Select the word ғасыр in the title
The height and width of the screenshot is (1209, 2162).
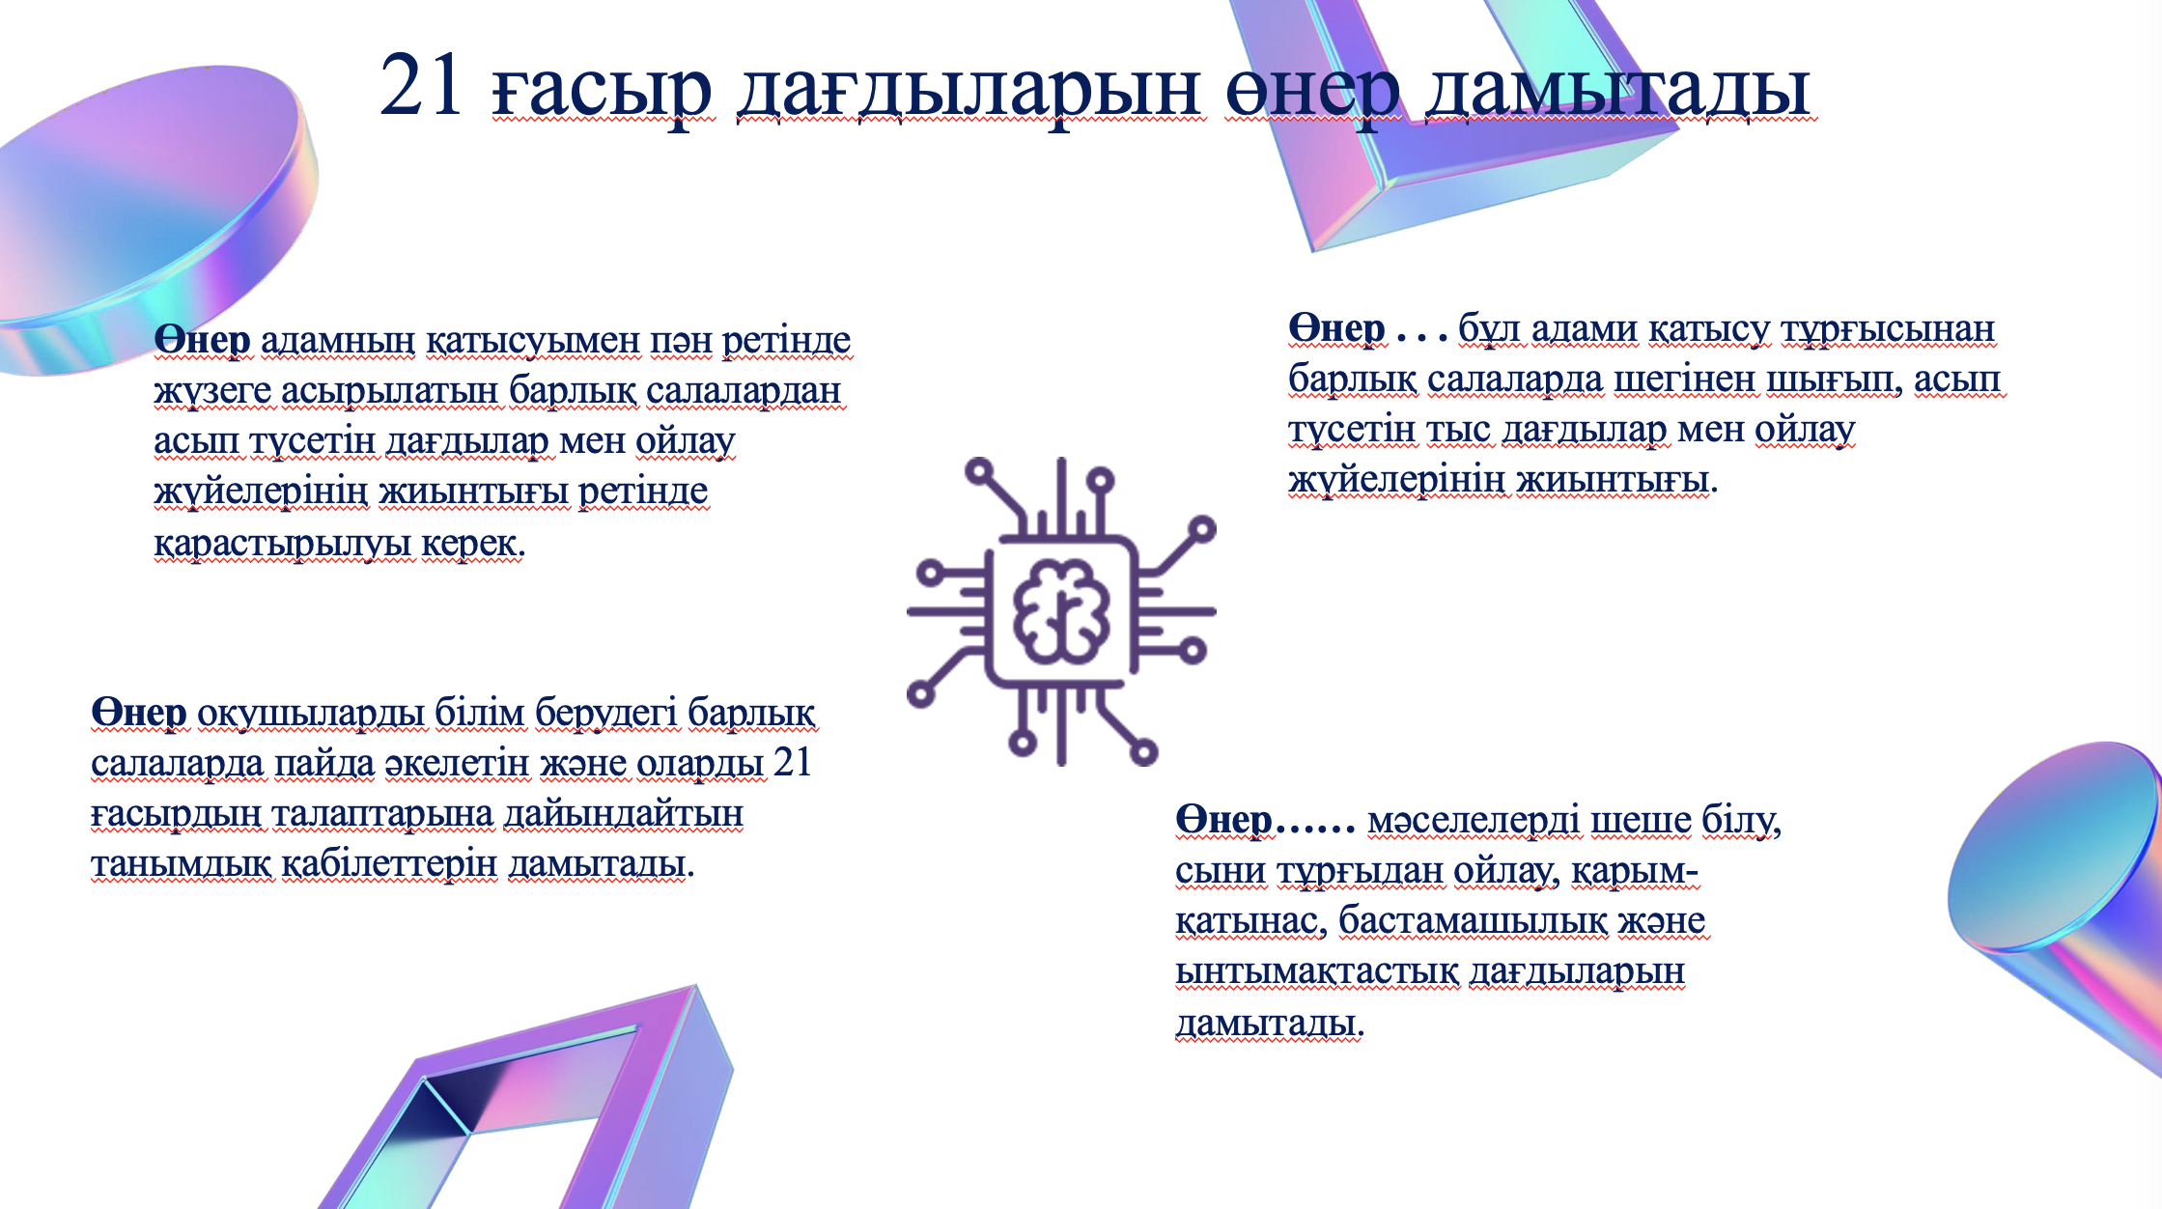click(x=603, y=93)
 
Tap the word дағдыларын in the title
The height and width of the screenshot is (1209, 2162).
click(x=969, y=93)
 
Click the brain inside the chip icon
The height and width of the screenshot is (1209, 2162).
click(x=1061, y=611)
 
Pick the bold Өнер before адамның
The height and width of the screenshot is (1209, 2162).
click(x=203, y=340)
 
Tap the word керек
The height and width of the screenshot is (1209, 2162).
click(x=474, y=544)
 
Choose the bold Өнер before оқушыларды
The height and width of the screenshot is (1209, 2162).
click(x=139, y=713)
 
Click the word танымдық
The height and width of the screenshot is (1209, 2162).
click(x=182, y=864)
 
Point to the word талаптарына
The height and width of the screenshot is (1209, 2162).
click(x=382, y=814)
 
